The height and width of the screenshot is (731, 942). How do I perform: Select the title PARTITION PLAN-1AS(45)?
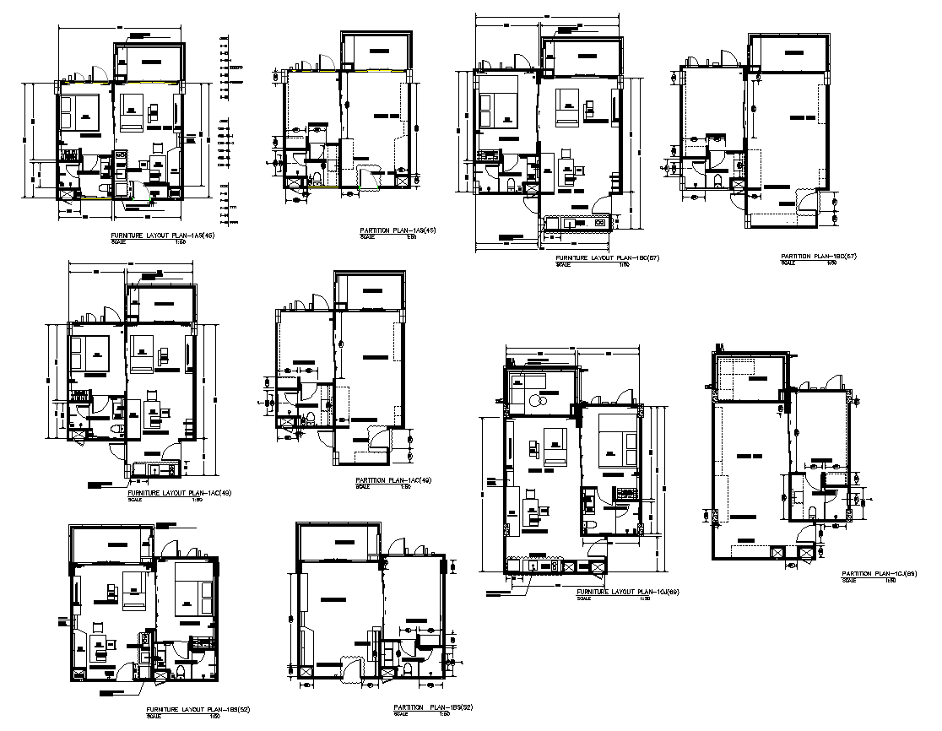(397, 230)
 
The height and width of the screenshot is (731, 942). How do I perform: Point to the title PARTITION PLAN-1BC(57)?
(819, 256)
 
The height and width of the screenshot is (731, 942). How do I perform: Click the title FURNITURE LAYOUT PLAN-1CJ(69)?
(628, 592)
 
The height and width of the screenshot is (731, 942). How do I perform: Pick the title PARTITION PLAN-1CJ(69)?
(880, 574)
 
